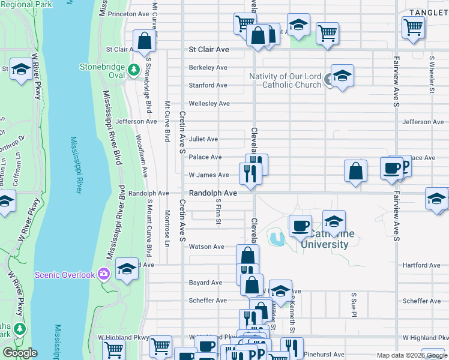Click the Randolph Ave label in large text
(213, 193)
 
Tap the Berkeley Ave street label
(208, 67)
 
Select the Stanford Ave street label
(208, 85)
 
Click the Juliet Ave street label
(203, 139)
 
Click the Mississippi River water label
(76, 164)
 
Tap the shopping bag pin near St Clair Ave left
(144, 41)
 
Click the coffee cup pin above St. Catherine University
(300, 226)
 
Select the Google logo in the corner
(19, 353)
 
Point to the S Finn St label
(218, 214)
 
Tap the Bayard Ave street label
(206, 282)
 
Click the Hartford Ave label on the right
(422, 265)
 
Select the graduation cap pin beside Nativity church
(342, 76)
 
